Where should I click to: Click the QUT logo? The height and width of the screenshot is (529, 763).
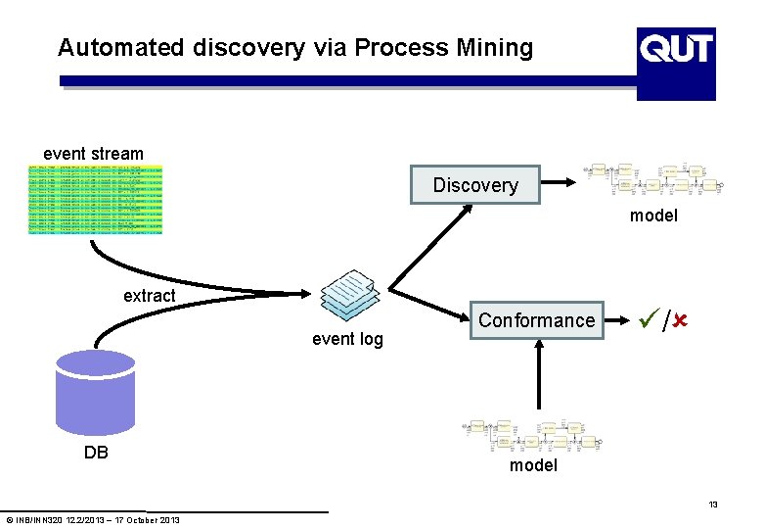[x=676, y=63]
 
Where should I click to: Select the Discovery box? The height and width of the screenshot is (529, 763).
[x=475, y=185]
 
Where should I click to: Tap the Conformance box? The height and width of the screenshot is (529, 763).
[x=536, y=320]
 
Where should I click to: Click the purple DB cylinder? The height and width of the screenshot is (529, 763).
[x=95, y=391]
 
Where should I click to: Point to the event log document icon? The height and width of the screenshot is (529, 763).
[x=349, y=295]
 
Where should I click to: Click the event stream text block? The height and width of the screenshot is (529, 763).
[x=95, y=200]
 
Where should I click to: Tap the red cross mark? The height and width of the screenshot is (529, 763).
[x=676, y=319]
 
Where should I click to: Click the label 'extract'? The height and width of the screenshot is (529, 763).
[x=150, y=295]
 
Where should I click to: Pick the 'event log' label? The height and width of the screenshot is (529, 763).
[x=347, y=340]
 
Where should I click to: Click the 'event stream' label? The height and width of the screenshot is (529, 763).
[x=93, y=154]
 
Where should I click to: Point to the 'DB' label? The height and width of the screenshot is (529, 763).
[x=96, y=453]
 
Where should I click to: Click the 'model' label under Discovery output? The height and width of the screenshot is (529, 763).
[x=653, y=216]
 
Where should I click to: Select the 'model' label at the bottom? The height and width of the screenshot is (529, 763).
[x=533, y=465]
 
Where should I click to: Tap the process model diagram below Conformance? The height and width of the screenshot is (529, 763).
[x=534, y=437]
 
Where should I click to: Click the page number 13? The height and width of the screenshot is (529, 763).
[x=713, y=505]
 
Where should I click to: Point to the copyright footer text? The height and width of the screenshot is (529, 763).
[x=93, y=519]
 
